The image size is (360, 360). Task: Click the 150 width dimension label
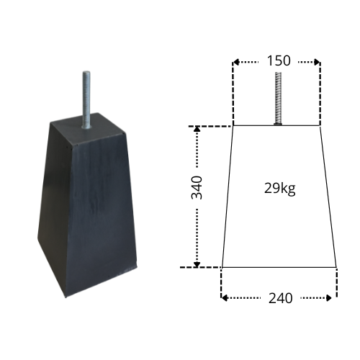(x=279, y=60)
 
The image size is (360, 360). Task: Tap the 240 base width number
(x=280, y=298)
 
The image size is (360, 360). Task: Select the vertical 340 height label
(x=197, y=188)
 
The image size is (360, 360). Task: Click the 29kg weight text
(x=279, y=189)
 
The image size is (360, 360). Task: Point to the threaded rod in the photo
(x=86, y=99)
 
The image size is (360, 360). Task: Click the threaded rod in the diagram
(x=278, y=98)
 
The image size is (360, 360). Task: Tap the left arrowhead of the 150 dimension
(x=236, y=62)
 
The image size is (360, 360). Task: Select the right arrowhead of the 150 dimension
(x=317, y=62)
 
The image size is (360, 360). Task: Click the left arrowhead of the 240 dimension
(x=225, y=298)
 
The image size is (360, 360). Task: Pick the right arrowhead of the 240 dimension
(x=328, y=298)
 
